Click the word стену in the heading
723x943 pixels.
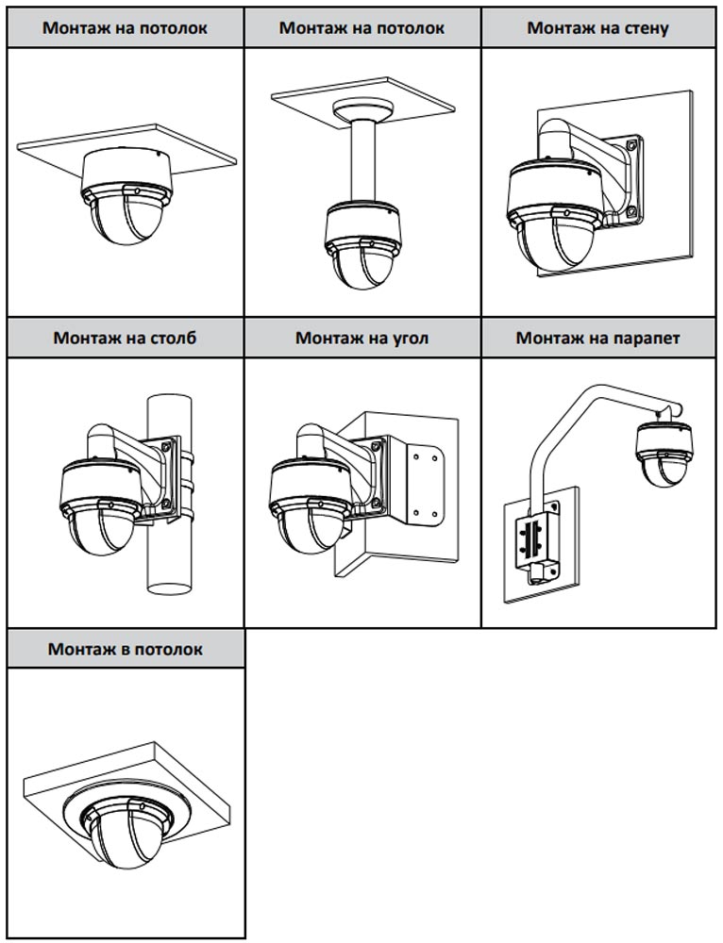pyautogui.click(x=647, y=27)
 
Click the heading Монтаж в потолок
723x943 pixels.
pyautogui.click(x=126, y=649)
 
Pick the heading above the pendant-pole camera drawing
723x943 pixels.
pyautogui.click(x=361, y=27)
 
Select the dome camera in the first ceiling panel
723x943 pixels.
pyautogui.click(x=126, y=203)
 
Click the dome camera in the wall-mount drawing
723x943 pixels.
pyautogui.click(x=556, y=212)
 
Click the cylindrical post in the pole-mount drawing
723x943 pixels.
pyautogui.click(x=170, y=556)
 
